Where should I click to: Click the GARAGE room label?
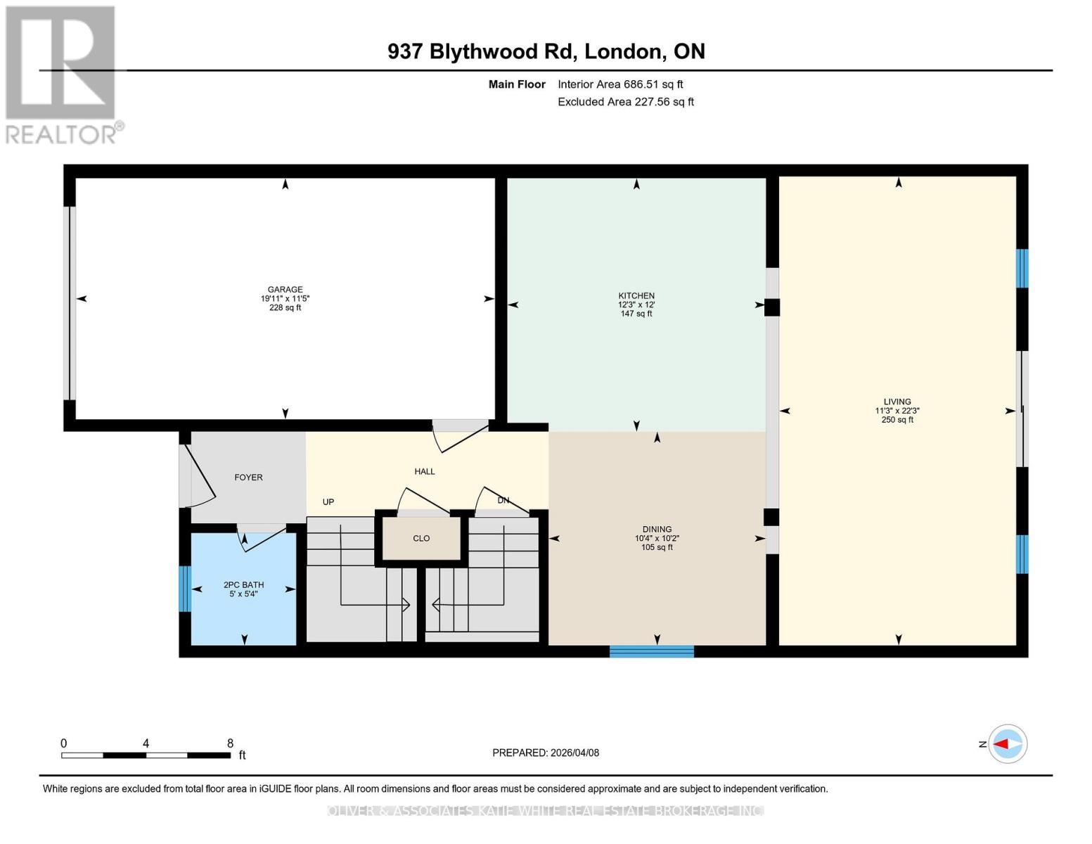click(285, 289)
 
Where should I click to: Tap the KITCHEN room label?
click(636, 295)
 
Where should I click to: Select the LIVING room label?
click(897, 402)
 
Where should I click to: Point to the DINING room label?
click(657, 529)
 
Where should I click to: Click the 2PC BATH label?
click(243, 584)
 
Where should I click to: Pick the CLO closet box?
click(421, 539)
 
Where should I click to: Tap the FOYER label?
click(248, 478)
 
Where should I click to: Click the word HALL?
click(425, 471)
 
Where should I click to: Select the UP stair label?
click(328, 501)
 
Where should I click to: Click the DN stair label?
click(503, 500)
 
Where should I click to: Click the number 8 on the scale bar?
click(230, 743)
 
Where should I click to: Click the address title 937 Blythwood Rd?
click(546, 51)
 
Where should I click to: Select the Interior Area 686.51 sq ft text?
click(620, 84)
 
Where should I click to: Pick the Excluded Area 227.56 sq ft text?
click(626, 102)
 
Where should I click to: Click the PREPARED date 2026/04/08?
click(546, 753)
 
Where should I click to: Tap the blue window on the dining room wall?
click(651, 651)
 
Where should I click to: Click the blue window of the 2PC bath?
click(185, 589)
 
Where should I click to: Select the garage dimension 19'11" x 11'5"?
click(285, 298)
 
